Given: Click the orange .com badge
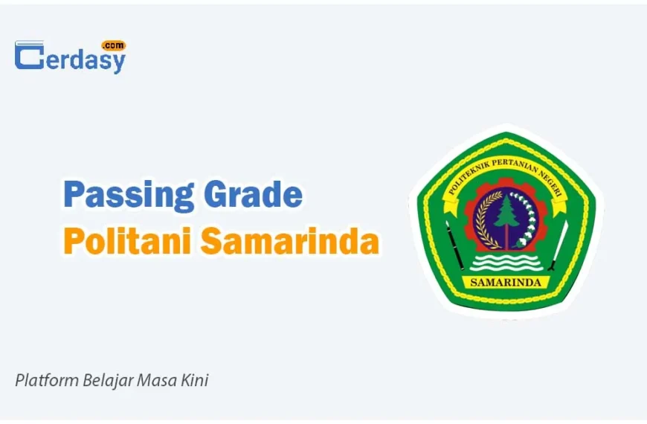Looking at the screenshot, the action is click(114, 45).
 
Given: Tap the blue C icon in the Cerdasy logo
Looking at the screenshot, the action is click(29, 55).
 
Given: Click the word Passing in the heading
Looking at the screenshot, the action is click(129, 196).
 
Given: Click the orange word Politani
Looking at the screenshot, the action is click(126, 240).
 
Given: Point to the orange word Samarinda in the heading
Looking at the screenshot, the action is click(290, 240).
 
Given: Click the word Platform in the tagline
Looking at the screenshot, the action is click(47, 380).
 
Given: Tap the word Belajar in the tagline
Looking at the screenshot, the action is click(108, 381).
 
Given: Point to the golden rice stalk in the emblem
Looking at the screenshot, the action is click(487, 220).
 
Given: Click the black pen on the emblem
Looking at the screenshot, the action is click(454, 245).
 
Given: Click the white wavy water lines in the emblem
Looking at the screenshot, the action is click(506, 262).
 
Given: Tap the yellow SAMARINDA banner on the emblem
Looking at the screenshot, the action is click(506, 283).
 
